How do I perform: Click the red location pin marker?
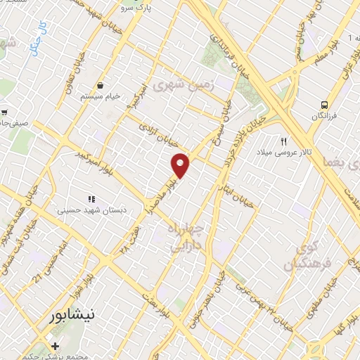pos(181,165)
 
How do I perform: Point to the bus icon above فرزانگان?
pos(326,103)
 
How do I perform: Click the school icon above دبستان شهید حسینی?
pos(91,199)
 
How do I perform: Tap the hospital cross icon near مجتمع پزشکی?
pos(56,347)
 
